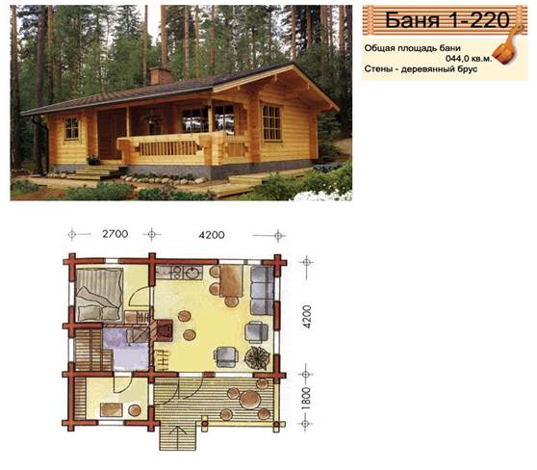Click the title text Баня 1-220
click(447, 19)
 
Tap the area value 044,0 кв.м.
click(469, 59)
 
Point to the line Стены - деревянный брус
click(421, 69)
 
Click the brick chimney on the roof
click(160, 75)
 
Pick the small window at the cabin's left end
click(71, 128)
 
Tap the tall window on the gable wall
click(271, 122)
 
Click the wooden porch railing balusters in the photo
click(168, 148)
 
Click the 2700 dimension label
click(115, 234)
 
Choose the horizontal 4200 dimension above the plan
click(212, 235)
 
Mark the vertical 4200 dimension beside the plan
click(307, 317)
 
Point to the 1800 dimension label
click(306, 398)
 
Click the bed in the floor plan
click(99, 295)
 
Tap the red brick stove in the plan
click(164, 330)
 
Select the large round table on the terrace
click(250, 400)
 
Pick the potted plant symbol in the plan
click(257, 358)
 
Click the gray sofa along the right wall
click(262, 291)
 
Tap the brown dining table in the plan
click(231, 281)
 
